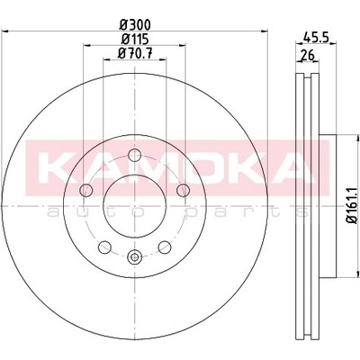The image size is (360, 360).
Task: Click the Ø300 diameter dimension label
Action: pos(134,24)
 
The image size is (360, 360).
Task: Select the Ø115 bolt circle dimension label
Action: pos(134,40)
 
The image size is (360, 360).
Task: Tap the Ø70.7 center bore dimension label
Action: pos(134,54)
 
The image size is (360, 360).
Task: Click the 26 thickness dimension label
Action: pos(307,56)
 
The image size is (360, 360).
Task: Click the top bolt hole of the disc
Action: pos(134,155)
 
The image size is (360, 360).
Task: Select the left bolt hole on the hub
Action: pos(86,190)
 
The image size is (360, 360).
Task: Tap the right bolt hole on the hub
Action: pos(183,190)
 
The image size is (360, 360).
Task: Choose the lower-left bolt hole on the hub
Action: pos(104,247)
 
